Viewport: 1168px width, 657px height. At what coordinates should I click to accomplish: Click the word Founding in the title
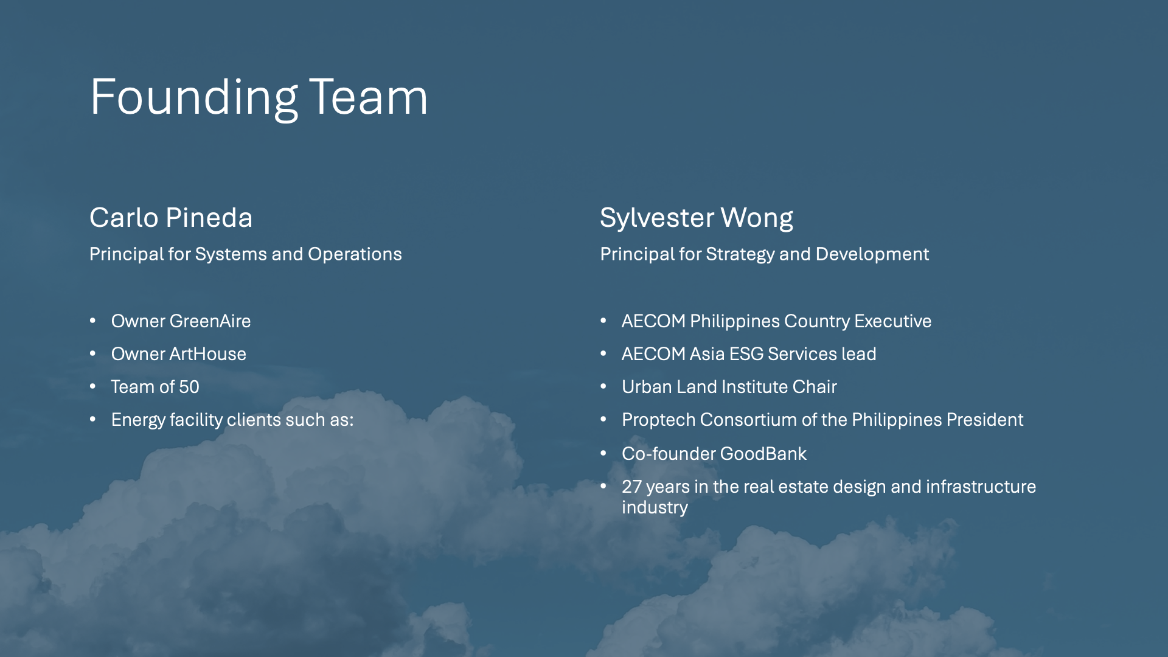coord(194,98)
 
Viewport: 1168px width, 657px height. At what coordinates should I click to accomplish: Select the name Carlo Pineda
coord(171,218)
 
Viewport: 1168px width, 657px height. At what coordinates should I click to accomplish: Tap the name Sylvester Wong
coord(697,218)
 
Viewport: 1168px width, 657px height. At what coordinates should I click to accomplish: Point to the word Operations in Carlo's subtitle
coord(355,254)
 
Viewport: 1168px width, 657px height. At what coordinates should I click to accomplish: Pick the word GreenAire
coord(210,321)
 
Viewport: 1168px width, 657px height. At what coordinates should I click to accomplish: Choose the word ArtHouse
coord(208,354)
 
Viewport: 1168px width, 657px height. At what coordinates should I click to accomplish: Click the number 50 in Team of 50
coord(189,387)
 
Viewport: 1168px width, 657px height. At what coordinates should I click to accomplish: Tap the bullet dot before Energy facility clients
coord(93,419)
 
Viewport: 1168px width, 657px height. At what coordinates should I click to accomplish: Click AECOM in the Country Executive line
coord(653,321)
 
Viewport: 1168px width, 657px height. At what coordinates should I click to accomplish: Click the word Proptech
coord(659,420)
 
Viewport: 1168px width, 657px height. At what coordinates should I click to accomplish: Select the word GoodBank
coord(763,454)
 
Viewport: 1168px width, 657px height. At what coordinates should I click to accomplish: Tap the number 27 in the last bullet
coord(631,487)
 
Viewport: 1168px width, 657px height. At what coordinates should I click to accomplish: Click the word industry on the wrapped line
coord(655,508)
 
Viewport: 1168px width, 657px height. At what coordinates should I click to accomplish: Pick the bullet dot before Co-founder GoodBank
coord(603,453)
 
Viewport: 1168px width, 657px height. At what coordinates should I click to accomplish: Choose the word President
coord(985,420)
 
